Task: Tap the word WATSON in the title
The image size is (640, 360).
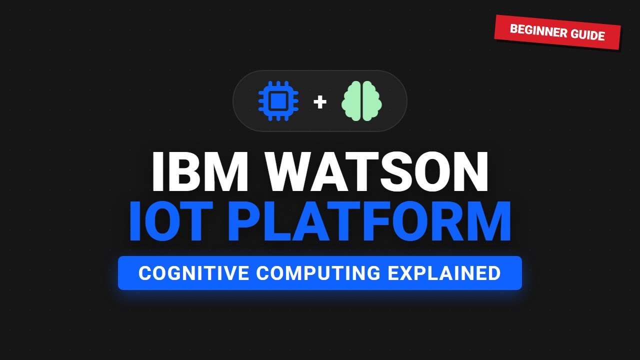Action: (377, 171)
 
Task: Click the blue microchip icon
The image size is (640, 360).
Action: (278, 101)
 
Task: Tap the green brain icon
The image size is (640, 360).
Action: (361, 101)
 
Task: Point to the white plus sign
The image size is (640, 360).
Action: (320, 102)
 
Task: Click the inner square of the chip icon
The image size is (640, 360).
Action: (278, 101)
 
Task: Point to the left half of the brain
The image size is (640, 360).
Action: (352, 101)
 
